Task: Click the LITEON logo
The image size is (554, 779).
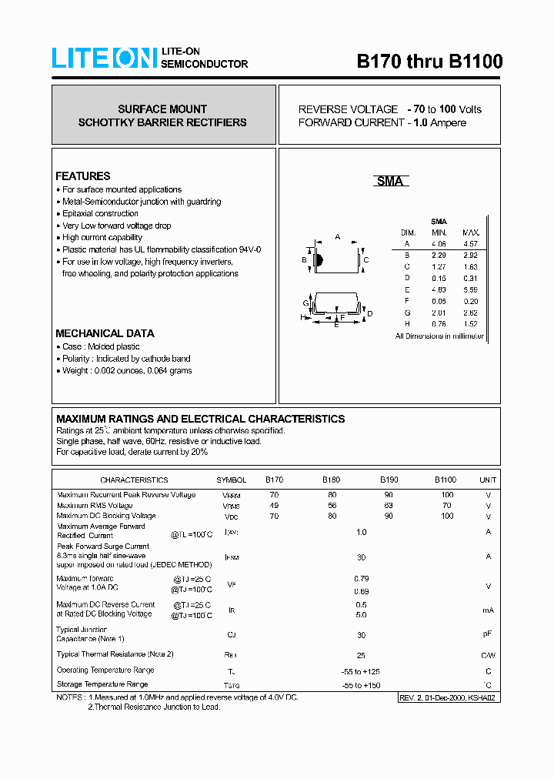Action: click(105, 59)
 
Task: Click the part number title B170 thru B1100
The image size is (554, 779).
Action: click(429, 62)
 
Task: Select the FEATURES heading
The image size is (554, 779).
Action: click(83, 176)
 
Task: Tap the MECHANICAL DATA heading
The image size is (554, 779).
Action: click(105, 333)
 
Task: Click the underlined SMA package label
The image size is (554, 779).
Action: click(389, 181)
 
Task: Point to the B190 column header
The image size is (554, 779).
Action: click(389, 480)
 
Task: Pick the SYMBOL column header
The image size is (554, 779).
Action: click(232, 480)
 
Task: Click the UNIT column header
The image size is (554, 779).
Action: click(488, 480)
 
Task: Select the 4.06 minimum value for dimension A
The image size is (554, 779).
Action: click(439, 244)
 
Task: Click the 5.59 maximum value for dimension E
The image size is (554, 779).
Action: click(471, 289)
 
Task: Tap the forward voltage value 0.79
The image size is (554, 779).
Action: click(361, 579)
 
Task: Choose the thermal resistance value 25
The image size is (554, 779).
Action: click(361, 654)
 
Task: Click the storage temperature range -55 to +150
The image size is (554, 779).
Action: click(361, 685)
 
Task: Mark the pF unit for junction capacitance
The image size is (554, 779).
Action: click(488, 634)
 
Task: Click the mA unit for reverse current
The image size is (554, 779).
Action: click(488, 610)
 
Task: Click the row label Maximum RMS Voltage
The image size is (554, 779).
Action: click(95, 506)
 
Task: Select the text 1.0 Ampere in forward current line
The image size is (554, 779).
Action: click(439, 123)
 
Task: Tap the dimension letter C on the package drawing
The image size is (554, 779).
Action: click(366, 260)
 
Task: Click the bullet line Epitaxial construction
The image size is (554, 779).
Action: click(101, 213)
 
